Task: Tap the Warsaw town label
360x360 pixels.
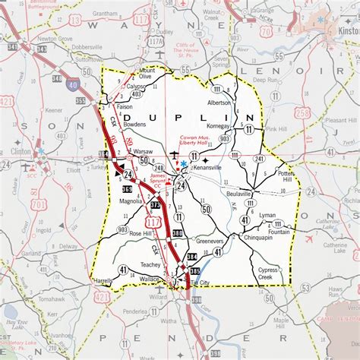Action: (143, 151)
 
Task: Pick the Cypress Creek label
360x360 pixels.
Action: (268, 273)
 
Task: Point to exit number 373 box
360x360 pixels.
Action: (156, 204)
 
